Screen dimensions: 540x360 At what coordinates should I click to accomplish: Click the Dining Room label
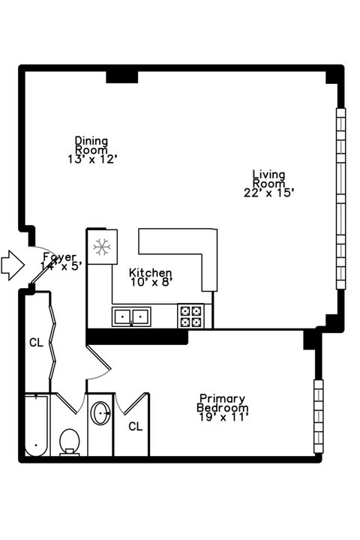click(91, 145)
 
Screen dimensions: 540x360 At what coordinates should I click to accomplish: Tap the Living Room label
click(268, 178)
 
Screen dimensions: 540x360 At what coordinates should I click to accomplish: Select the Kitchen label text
click(151, 273)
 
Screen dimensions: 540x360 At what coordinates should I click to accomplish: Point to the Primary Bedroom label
click(223, 403)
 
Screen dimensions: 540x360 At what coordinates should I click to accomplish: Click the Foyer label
click(58, 257)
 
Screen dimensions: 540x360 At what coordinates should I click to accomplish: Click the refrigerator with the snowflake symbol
click(100, 245)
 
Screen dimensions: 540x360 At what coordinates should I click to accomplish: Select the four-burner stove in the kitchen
click(190, 316)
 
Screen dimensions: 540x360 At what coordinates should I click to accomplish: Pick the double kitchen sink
click(131, 316)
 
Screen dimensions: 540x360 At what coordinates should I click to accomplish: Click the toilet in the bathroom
click(70, 442)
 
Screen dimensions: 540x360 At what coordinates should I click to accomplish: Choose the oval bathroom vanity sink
click(100, 413)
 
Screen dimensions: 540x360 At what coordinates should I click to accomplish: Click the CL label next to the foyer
click(36, 343)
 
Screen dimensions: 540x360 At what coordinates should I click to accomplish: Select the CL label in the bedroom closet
click(135, 427)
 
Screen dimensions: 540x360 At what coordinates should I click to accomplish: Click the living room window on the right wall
click(340, 199)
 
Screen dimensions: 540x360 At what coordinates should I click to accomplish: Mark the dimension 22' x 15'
click(269, 193)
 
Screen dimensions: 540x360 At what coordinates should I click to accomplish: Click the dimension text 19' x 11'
click(223, 417)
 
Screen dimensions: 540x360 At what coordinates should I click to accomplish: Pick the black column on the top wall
click(121, 76)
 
